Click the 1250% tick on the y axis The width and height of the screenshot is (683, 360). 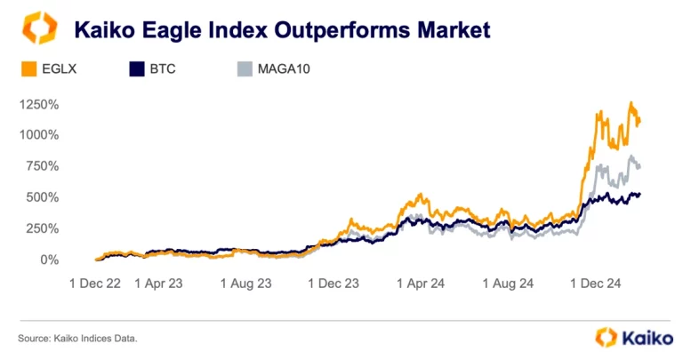click(x=37, y=104)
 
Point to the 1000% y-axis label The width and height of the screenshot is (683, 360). click(x=37, y=135)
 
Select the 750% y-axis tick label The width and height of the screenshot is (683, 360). click(x=41, y=166)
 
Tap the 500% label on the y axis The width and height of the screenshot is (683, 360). click(x=41, y=197)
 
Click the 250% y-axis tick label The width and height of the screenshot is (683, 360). click(x=41, y=228)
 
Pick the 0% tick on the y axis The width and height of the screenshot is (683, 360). click(x=47, y=260)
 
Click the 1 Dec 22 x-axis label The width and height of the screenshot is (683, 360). click(x=97, y=284)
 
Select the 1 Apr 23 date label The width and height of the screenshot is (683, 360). click(x=158, y=284)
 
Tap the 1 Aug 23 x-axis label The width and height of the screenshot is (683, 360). click(x=245, y=284)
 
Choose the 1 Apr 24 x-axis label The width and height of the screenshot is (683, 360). click(x=419, y=284)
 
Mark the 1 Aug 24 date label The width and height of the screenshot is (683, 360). click(x=507, y=284)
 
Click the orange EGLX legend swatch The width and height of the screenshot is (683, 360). click(x=27, y=68)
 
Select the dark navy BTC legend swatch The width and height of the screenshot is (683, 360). click(x=138, y=68)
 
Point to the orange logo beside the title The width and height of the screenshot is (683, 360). click(x=39, y=28)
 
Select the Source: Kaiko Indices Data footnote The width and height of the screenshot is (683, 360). click(x=77, y=338)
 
